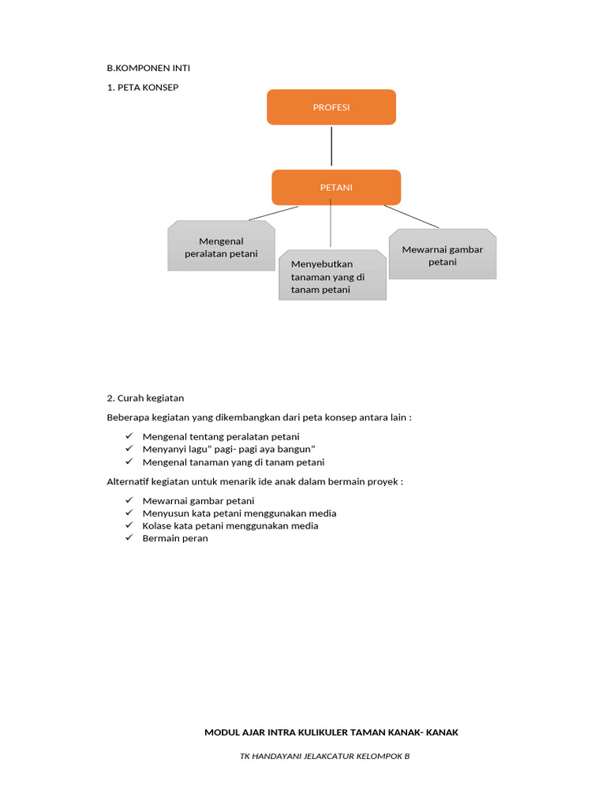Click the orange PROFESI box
(331, 107)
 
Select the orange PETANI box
(336, 188)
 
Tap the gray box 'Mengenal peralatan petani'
(222, 247)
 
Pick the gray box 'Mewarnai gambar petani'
(443, 255)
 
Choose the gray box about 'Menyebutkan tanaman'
(332, 277)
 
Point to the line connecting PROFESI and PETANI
(331, 147)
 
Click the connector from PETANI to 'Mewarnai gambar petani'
(411, 216)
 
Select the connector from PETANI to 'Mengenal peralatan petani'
(273, 213)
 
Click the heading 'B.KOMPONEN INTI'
(148, 68)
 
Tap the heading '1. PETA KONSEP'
(143, 87)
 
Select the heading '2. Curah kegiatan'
(145, 398)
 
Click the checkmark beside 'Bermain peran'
(129, 538)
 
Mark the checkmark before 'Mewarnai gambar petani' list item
(129, 500)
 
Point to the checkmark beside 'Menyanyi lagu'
(129, 449)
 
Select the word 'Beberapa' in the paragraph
(127, 417)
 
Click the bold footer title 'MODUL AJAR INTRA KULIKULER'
(331, 732)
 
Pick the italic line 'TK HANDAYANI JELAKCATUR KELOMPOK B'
(325, 756)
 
